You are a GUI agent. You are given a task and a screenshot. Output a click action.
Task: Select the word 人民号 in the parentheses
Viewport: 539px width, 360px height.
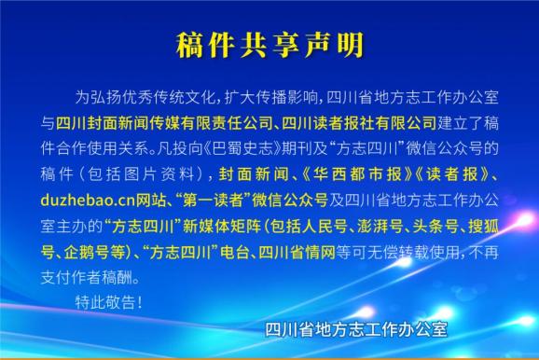click(x=303, y=226)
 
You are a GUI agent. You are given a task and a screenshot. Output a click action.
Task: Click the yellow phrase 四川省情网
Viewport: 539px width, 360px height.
click(x=297, y=251)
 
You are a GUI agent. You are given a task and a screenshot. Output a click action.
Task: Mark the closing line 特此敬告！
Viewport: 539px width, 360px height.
click(x=110, y=302)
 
